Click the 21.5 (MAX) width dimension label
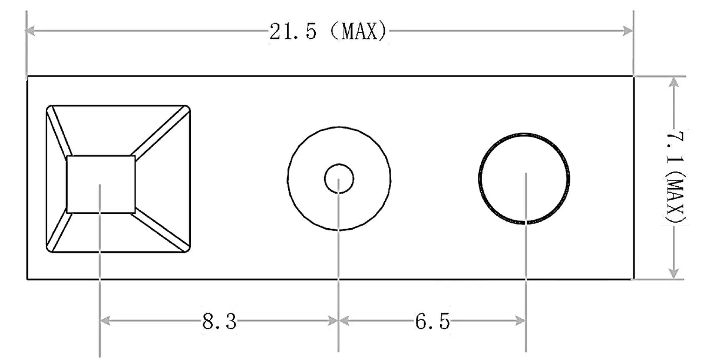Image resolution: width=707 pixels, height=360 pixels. (328, 31)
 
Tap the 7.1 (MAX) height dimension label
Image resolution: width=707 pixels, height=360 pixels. (675, 177)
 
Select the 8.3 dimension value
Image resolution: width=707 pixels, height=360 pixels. (219, 322)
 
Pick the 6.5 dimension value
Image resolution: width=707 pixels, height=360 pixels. (432, 322)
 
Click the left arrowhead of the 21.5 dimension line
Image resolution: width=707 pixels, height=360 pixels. (30, 31)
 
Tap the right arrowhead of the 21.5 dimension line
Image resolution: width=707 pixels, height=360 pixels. (628, 31)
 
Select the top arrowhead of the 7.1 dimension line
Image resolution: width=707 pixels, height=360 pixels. (674, 82)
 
